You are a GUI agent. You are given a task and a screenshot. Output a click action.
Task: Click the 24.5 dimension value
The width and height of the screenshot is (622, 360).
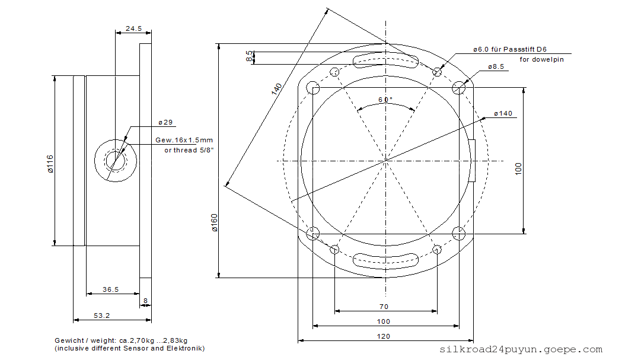(x=133, y=28)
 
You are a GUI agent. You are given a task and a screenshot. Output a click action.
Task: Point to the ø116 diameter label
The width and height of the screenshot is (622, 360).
(x=50, y=164)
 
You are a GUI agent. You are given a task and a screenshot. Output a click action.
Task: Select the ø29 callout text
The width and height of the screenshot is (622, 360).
(x=165, y=122)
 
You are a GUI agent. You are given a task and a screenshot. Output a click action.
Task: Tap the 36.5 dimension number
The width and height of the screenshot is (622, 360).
(x=111, y=289)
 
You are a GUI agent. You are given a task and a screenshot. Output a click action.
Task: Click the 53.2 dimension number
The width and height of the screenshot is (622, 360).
(x=101, y=316)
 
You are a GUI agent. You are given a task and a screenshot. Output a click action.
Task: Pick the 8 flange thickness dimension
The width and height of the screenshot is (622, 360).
(x=146, y=301)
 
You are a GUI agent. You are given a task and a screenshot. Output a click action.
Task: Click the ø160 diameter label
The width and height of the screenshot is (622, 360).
(x=215, y=222)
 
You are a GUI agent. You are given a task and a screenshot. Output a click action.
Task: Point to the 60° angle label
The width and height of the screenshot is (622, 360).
(x=385, y=100)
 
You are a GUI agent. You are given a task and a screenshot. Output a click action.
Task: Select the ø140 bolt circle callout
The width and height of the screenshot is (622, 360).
(x=503, y=113)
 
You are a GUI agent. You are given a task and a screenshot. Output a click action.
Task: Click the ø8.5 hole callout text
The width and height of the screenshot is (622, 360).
(x=496, y=66)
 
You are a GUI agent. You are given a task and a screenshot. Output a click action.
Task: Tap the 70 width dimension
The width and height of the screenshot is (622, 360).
(x=384, y=307)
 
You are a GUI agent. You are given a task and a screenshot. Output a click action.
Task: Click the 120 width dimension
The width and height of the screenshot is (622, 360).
(x=384, y=336)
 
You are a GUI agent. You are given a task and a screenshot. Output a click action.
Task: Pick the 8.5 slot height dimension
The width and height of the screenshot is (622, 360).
(x=249, y=56)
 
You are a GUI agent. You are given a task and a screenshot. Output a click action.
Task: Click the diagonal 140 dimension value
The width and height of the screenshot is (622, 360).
(x=276, y=88)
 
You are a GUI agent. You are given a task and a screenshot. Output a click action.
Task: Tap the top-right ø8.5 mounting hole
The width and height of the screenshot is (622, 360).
(x=459, y=88)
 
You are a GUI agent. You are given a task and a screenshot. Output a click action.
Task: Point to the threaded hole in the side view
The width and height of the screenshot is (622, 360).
(x=116, y=161)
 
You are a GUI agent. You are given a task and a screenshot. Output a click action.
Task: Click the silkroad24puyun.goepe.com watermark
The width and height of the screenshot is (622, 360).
(x=521, y=349)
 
